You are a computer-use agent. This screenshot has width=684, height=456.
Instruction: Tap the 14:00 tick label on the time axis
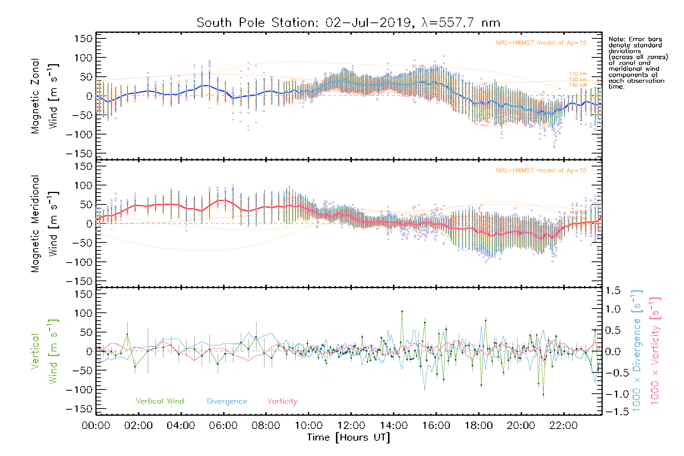[394, 426]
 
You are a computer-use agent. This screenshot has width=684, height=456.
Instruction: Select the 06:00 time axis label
[223, 426]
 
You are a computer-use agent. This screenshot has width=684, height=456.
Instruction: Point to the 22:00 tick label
[564, 426]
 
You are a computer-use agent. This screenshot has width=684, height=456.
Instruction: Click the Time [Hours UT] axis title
[348, 438]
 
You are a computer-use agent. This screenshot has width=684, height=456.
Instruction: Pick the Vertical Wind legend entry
[160, 401]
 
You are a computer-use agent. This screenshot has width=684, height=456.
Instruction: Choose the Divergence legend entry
[227, 401]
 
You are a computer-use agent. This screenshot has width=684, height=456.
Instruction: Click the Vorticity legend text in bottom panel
[282, 401]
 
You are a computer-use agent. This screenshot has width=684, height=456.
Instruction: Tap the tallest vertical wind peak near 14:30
[402, 311]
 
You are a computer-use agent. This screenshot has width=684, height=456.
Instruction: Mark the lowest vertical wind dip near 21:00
[543, 395]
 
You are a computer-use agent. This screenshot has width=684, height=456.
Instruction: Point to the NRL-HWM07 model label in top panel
[541, 43]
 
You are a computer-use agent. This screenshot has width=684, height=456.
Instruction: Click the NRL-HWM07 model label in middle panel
[541, 171]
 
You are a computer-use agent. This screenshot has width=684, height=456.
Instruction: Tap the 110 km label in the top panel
[578, 74]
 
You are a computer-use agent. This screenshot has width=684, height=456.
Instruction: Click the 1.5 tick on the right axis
[613, 291]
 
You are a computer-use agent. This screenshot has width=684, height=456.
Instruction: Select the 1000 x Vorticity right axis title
[655, 351]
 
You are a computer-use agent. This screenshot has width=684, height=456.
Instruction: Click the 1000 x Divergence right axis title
[637, 351]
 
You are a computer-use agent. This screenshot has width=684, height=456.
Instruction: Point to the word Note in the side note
[616, 39]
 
